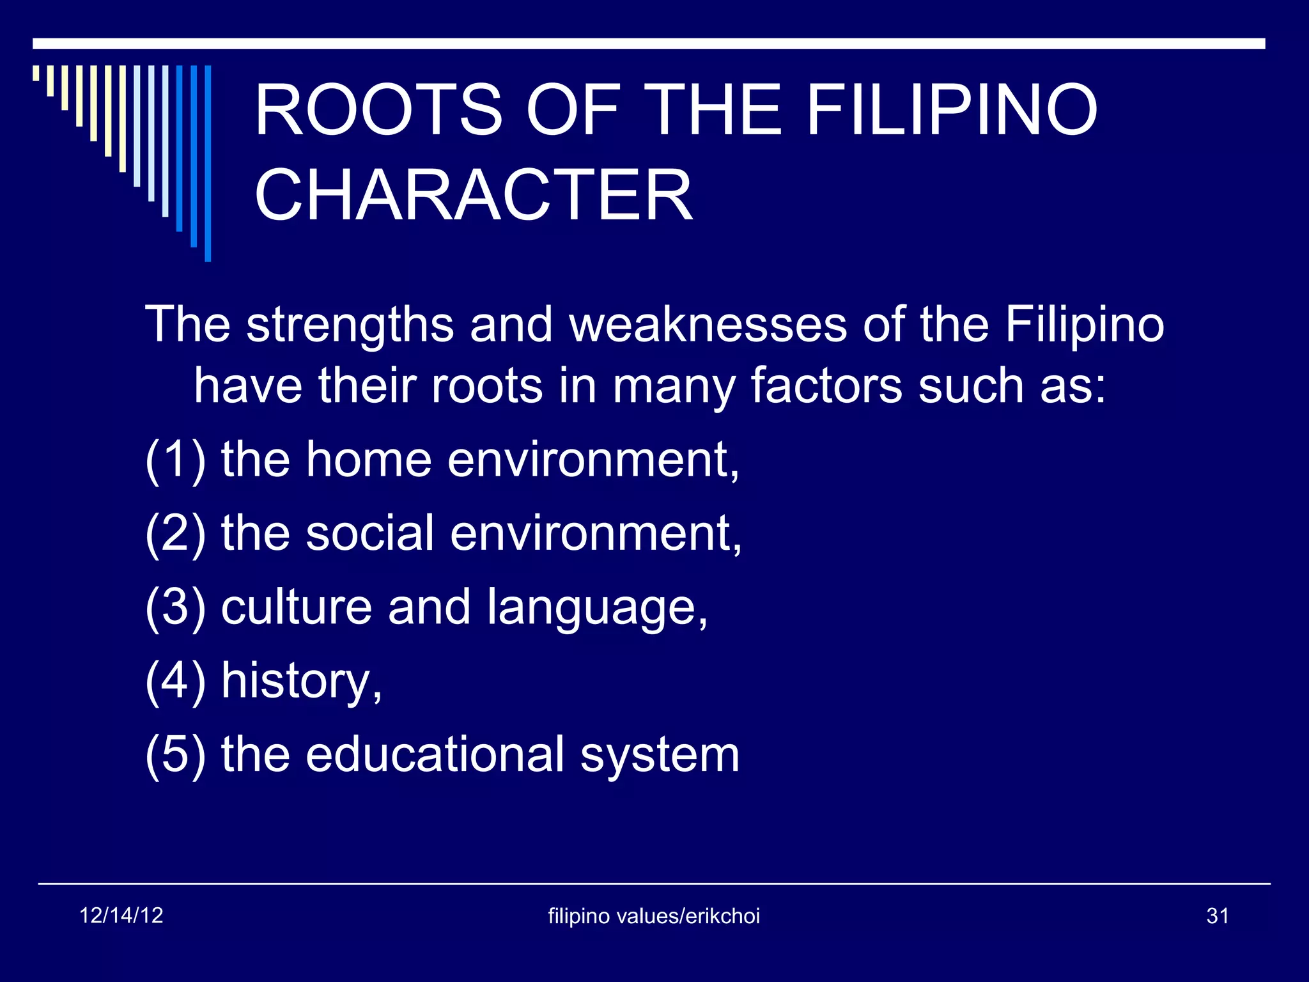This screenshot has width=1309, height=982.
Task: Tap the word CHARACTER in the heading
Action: tap(473, 196)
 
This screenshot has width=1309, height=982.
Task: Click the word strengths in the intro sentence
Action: tap(350, 325)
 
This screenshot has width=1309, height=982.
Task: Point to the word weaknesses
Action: tap(708, 325)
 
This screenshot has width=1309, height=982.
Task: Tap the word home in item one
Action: tap(369, 460)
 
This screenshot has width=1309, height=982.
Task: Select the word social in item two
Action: tap(370, 533)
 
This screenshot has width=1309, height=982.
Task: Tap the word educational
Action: tap(435, 754)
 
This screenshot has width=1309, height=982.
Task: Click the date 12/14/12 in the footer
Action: tap(121, 916)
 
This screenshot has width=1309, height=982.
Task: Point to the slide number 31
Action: tap(1218, 916)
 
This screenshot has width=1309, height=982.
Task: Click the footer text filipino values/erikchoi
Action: tap(654, 916)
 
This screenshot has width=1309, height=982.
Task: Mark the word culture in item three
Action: tap(296, 607)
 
